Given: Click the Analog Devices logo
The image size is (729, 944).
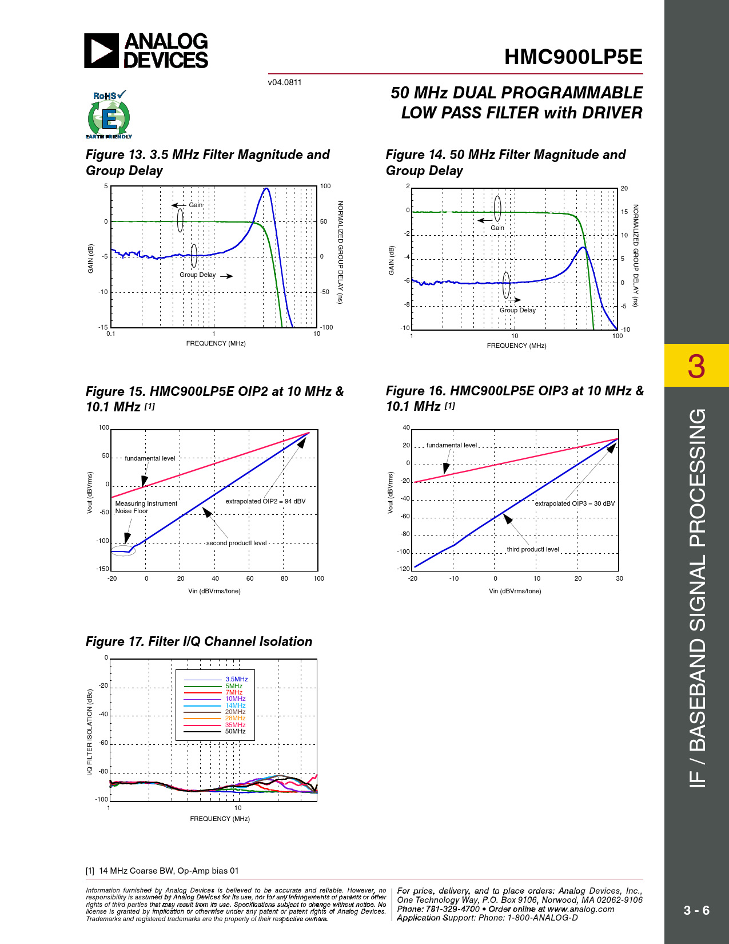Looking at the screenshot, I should click(146, 50).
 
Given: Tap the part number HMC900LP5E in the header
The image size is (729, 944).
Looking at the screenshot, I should click(573, 57).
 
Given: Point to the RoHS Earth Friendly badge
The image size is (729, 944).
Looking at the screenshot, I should click(108, 114).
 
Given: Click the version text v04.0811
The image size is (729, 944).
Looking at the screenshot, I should click(285, 82).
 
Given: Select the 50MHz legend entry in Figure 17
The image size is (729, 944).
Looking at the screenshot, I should click(235, 732).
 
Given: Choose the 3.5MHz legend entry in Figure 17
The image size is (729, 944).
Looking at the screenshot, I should click(236, 680).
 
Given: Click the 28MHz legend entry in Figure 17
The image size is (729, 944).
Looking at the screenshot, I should click(235, 719).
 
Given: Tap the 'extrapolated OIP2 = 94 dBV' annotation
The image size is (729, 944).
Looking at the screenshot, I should click(265, 501).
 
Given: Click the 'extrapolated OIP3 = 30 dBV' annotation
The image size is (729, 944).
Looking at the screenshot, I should click(575, 503).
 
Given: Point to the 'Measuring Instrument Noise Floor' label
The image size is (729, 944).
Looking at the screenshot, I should click(146, 507).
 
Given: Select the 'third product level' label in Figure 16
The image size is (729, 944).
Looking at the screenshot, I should click(533, 549).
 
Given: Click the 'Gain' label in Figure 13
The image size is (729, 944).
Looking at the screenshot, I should click(196, 205).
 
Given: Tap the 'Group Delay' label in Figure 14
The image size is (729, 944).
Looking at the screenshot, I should click(518, 310).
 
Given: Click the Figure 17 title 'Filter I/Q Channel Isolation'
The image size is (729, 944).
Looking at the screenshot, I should click(199, 642).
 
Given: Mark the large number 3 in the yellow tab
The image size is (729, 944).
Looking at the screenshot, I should click(696, 366).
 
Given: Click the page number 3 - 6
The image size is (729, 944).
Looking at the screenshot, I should click(696, 910).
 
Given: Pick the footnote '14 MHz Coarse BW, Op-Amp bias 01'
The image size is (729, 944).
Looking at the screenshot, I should click(169, 871).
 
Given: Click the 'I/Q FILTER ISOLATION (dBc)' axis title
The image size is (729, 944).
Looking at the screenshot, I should click(90, 732).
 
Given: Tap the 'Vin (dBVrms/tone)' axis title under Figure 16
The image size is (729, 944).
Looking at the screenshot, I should click(515, 591).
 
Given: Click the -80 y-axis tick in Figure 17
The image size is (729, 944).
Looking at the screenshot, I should click(103, 771).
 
